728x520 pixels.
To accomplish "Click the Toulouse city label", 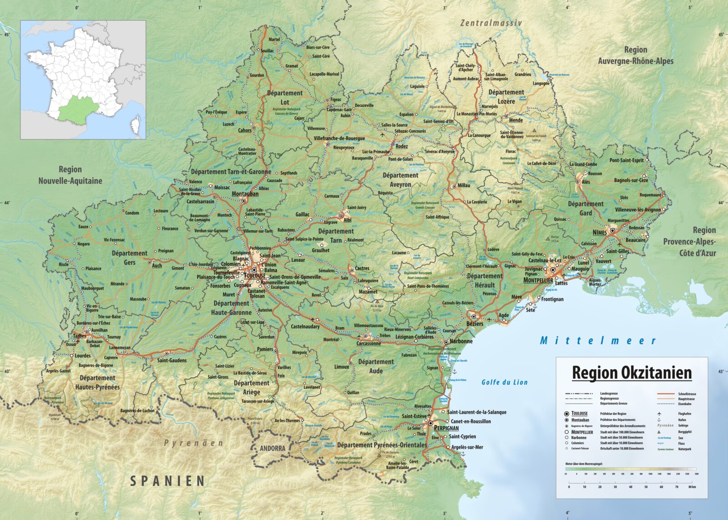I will tap(255, 275).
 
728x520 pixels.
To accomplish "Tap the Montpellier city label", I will tap(538, 280).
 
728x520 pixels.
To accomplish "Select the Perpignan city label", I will tap(446, 428).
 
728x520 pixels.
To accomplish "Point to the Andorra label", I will tap(273, 448).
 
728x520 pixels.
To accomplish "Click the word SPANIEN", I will tap(167, 481).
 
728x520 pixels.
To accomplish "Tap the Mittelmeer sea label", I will tap(598, 340).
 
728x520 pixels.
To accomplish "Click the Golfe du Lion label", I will tap(505, 382).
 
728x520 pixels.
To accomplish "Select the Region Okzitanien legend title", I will tap(632, 373).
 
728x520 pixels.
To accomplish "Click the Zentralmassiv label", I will tap(491, 23).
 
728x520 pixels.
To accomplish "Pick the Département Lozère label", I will tap(506, 96).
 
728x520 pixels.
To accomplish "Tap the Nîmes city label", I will tap(600, 232).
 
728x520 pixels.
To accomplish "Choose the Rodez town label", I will tap(402, 146).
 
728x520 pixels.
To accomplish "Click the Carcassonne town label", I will tap(369, 344).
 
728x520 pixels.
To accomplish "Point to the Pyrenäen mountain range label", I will tap(193, 443).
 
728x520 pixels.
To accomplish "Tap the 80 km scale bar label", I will tap(692, 487).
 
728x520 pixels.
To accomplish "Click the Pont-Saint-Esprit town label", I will tap(627, 160).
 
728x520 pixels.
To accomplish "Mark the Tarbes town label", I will tap(79, 336).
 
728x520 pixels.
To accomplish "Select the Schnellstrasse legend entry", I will tap(687, 394).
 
